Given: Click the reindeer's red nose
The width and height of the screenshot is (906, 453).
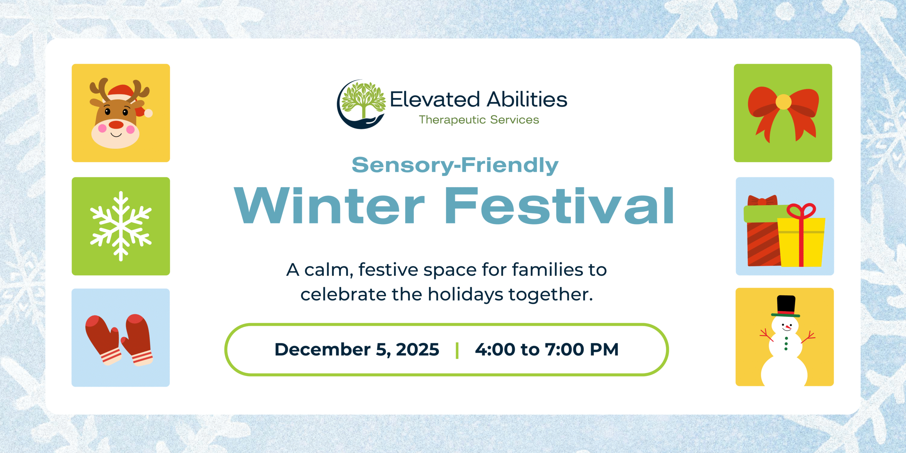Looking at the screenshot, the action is tap(116, 125).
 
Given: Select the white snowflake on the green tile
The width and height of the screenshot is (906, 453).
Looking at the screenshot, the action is tap(121, 226).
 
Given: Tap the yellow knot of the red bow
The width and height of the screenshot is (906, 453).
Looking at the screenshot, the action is tap(783, 102).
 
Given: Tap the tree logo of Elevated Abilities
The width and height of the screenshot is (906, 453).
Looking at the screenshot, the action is tap(361, 104).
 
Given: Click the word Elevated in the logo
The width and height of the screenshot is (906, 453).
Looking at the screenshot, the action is tap(435, 99).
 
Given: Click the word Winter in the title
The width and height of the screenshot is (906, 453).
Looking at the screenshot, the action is tap(329, 206).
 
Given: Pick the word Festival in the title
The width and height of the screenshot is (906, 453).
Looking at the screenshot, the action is tap(559, 206).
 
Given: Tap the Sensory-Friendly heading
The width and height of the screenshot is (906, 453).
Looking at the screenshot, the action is tap(455, 165).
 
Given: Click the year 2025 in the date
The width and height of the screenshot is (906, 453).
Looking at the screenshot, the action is tap(418, 350).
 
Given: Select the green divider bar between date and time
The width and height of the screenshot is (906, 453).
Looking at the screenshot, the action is tap(457, 350).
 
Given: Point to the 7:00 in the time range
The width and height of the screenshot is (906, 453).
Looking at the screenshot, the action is tap(564, 350).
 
